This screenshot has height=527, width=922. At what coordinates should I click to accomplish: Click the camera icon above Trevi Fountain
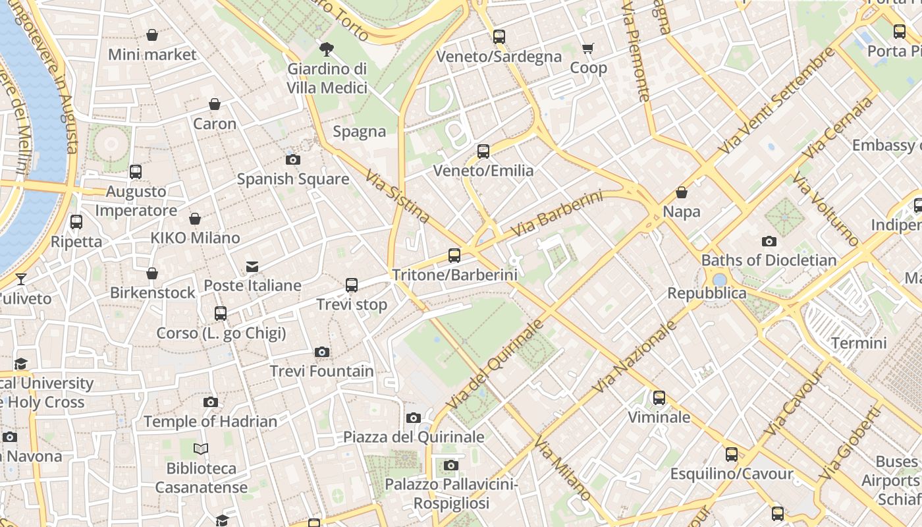tap(321, 352)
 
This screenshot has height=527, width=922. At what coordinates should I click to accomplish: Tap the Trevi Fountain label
tap(322, 372)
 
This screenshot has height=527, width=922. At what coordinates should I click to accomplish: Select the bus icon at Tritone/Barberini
tap(454, 255)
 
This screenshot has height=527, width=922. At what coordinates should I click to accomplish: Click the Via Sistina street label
tap(398, 198)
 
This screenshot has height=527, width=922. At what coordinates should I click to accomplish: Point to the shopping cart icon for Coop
tap(587, 48)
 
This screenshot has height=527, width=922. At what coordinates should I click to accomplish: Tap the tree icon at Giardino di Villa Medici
tap(326, 49)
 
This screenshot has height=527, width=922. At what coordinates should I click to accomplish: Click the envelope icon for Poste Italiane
tap(252, 267)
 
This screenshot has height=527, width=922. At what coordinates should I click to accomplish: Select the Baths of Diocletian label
tap(769, 260)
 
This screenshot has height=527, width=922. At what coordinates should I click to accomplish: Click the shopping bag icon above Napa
tap(682, 192)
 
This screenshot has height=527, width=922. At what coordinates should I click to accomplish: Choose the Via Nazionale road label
tap(635, 356)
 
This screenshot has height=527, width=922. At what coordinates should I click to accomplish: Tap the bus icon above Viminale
tap(659, 398)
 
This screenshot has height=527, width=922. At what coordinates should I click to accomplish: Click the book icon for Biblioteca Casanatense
tap(201, 449)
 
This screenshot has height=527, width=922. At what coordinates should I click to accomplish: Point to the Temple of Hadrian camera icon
tap(210, 402)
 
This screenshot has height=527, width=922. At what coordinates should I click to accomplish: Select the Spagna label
tap(359, 131)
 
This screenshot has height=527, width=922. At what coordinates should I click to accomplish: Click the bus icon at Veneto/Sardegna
tap(499, 37)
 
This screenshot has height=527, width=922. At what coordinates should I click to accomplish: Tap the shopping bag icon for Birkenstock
tap(152, 273)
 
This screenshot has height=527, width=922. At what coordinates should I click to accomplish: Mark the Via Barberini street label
tap(556, 215)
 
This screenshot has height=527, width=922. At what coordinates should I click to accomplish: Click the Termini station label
tap(858, 343)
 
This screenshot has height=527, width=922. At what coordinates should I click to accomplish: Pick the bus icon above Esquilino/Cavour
tap(731, 455)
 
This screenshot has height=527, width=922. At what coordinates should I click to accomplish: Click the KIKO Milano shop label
tap(195, 238)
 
